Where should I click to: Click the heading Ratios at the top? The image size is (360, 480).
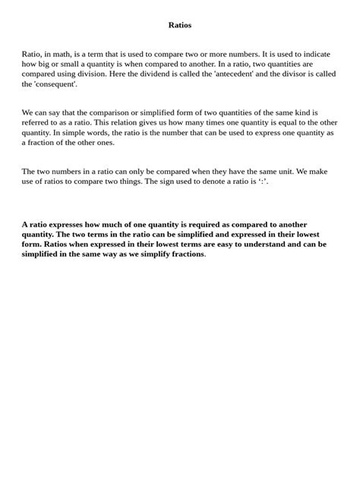(x=179, y=25)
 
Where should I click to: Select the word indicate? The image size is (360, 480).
(x=316, y=55)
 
